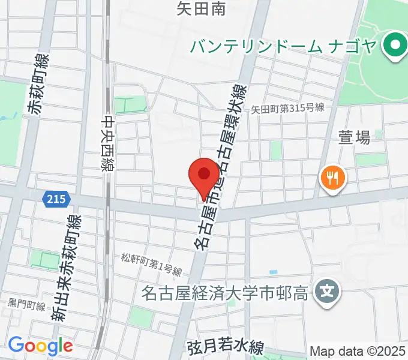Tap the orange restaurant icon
point(331,178)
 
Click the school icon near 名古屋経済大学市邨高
point(327,292)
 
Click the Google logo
point(40,345)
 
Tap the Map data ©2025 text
point(358,351)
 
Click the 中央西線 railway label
point(108,143)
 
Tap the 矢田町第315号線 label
point(288,108)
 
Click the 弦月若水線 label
point(225,347)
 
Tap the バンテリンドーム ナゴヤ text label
point(283,45)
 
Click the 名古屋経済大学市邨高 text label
point(225,293)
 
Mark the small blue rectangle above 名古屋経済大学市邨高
point(274,273)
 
